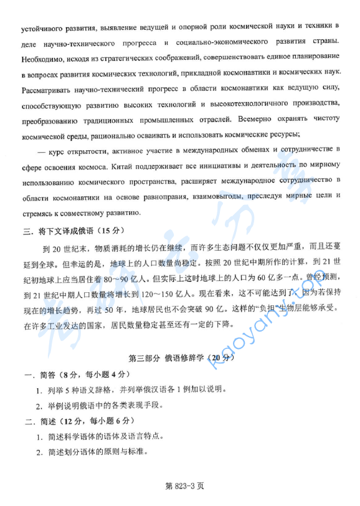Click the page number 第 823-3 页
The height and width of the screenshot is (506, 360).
point(181,485)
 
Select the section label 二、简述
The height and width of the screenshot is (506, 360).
point(37,421)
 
